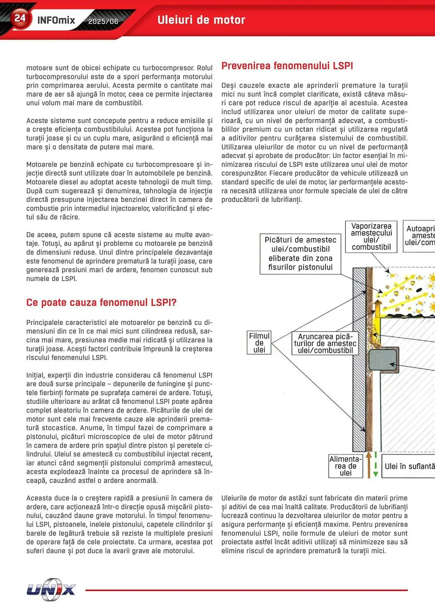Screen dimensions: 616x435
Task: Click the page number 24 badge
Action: click(20, 18)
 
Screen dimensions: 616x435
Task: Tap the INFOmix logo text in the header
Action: click(56, 20)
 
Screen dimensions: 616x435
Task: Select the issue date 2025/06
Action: click(103, 21)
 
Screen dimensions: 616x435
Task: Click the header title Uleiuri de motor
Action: click(201, 20)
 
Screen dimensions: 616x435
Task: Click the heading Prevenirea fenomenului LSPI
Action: click(287, 66)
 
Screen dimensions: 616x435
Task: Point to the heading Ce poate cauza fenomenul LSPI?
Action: click(101, 302)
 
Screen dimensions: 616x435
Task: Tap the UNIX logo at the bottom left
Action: click(51, 590)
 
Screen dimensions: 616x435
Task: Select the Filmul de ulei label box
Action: click(259, 342)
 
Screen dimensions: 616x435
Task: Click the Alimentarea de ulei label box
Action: click(345, 466)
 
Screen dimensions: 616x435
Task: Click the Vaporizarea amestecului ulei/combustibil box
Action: click(371, 237)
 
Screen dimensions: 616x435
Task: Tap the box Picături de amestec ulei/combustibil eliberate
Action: click(300, 253)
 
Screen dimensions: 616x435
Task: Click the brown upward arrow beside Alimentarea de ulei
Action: click(369, 465)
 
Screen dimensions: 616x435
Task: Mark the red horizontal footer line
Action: click(246, 590)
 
